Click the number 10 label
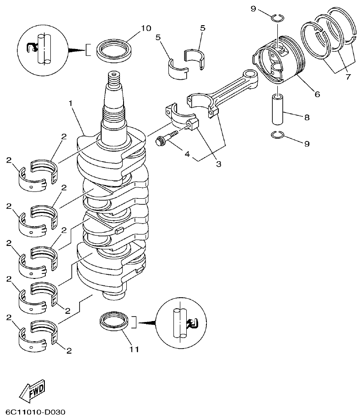click(x=146, y=28)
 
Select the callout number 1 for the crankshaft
click(x=71, y=104)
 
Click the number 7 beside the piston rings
click(x=348, y=77)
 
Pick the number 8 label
click(x=306, y=118)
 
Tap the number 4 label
click(x=187, y=154)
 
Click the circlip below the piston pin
click(x=277, y=135)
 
